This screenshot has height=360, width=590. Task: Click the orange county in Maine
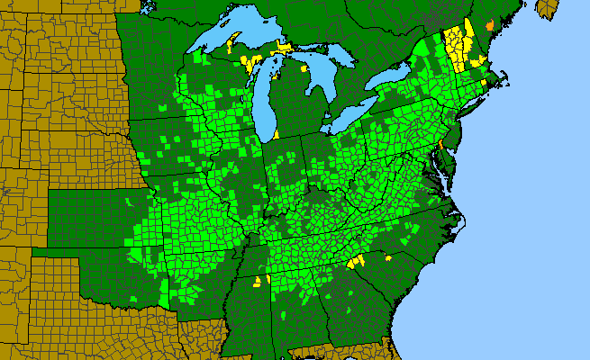[x=489, y=24]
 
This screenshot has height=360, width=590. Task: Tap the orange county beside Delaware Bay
[x=440, y=144]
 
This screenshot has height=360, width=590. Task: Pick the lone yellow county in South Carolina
[x=389, y=257]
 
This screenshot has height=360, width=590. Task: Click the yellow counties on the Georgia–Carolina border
[x=357, y=262]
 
